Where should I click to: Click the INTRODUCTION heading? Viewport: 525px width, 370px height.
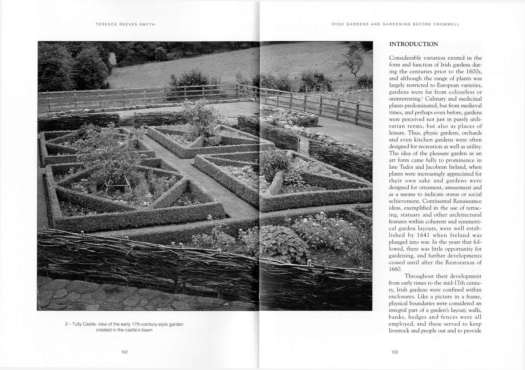tap(413, 44)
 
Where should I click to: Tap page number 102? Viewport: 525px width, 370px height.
tap(124, 352)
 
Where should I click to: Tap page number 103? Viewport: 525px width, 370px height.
tap(395, 352)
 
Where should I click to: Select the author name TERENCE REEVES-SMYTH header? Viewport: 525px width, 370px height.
tap(125, 24)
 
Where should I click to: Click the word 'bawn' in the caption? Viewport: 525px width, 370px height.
tap(147, 330)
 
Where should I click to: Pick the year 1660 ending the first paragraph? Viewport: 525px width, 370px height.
tap(395, 269)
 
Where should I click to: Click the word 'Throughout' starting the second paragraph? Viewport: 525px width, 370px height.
tap(420, 276)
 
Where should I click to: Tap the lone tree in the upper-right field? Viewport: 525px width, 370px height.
tap(354, 58)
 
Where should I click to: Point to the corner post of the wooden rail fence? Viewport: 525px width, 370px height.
tap(238, 91)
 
